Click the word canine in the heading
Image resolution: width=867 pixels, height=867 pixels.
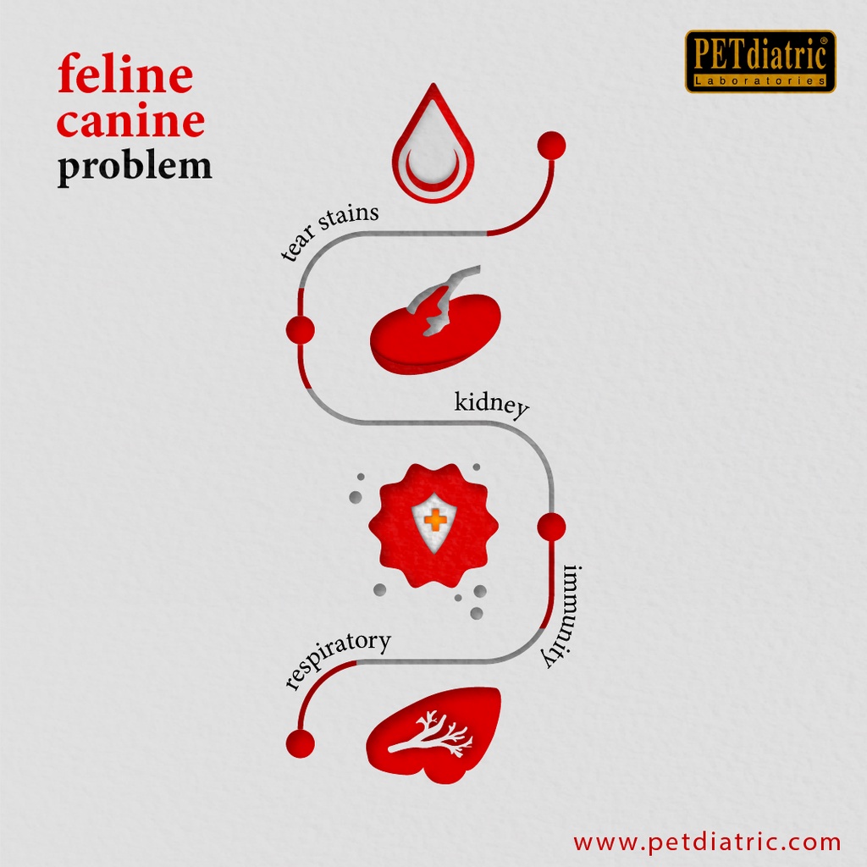point(130,119)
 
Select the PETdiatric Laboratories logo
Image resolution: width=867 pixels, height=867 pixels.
point(760,61)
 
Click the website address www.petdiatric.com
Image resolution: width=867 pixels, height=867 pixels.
point(707,842)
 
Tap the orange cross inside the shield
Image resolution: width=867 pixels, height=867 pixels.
point(436,521)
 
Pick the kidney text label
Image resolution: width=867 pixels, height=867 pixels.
point(491,404)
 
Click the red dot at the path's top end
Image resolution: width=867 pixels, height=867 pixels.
point(551,146)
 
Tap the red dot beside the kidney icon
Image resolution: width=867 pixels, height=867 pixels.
point(301,330)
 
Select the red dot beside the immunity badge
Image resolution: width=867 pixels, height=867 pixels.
point(551,527)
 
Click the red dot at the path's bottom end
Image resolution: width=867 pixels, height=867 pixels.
point(301,743)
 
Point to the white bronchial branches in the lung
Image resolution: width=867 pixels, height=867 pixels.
point(431,734)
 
